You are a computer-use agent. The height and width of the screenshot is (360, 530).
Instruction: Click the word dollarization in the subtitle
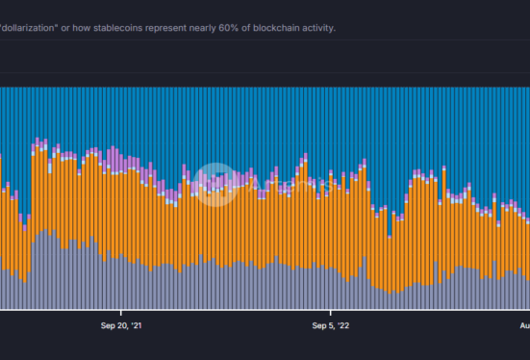[x=31, y=28]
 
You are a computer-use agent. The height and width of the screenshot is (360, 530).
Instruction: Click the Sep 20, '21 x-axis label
[x=121, y=326]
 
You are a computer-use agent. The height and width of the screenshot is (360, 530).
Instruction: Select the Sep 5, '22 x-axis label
[x=331, y=326]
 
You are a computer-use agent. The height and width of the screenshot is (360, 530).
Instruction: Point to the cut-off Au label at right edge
[x=524, y=326]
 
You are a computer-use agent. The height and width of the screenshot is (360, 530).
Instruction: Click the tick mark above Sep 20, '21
[x=121, y=312]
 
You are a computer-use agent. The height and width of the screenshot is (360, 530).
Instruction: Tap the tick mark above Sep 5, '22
[x=331, y=312]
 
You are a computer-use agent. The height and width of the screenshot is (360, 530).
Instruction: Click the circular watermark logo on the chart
[x=211, y=183]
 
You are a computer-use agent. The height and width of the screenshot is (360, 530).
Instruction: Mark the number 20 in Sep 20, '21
[x=121, y=326]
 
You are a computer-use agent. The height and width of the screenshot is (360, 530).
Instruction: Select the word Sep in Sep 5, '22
[x=318, y=326]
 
